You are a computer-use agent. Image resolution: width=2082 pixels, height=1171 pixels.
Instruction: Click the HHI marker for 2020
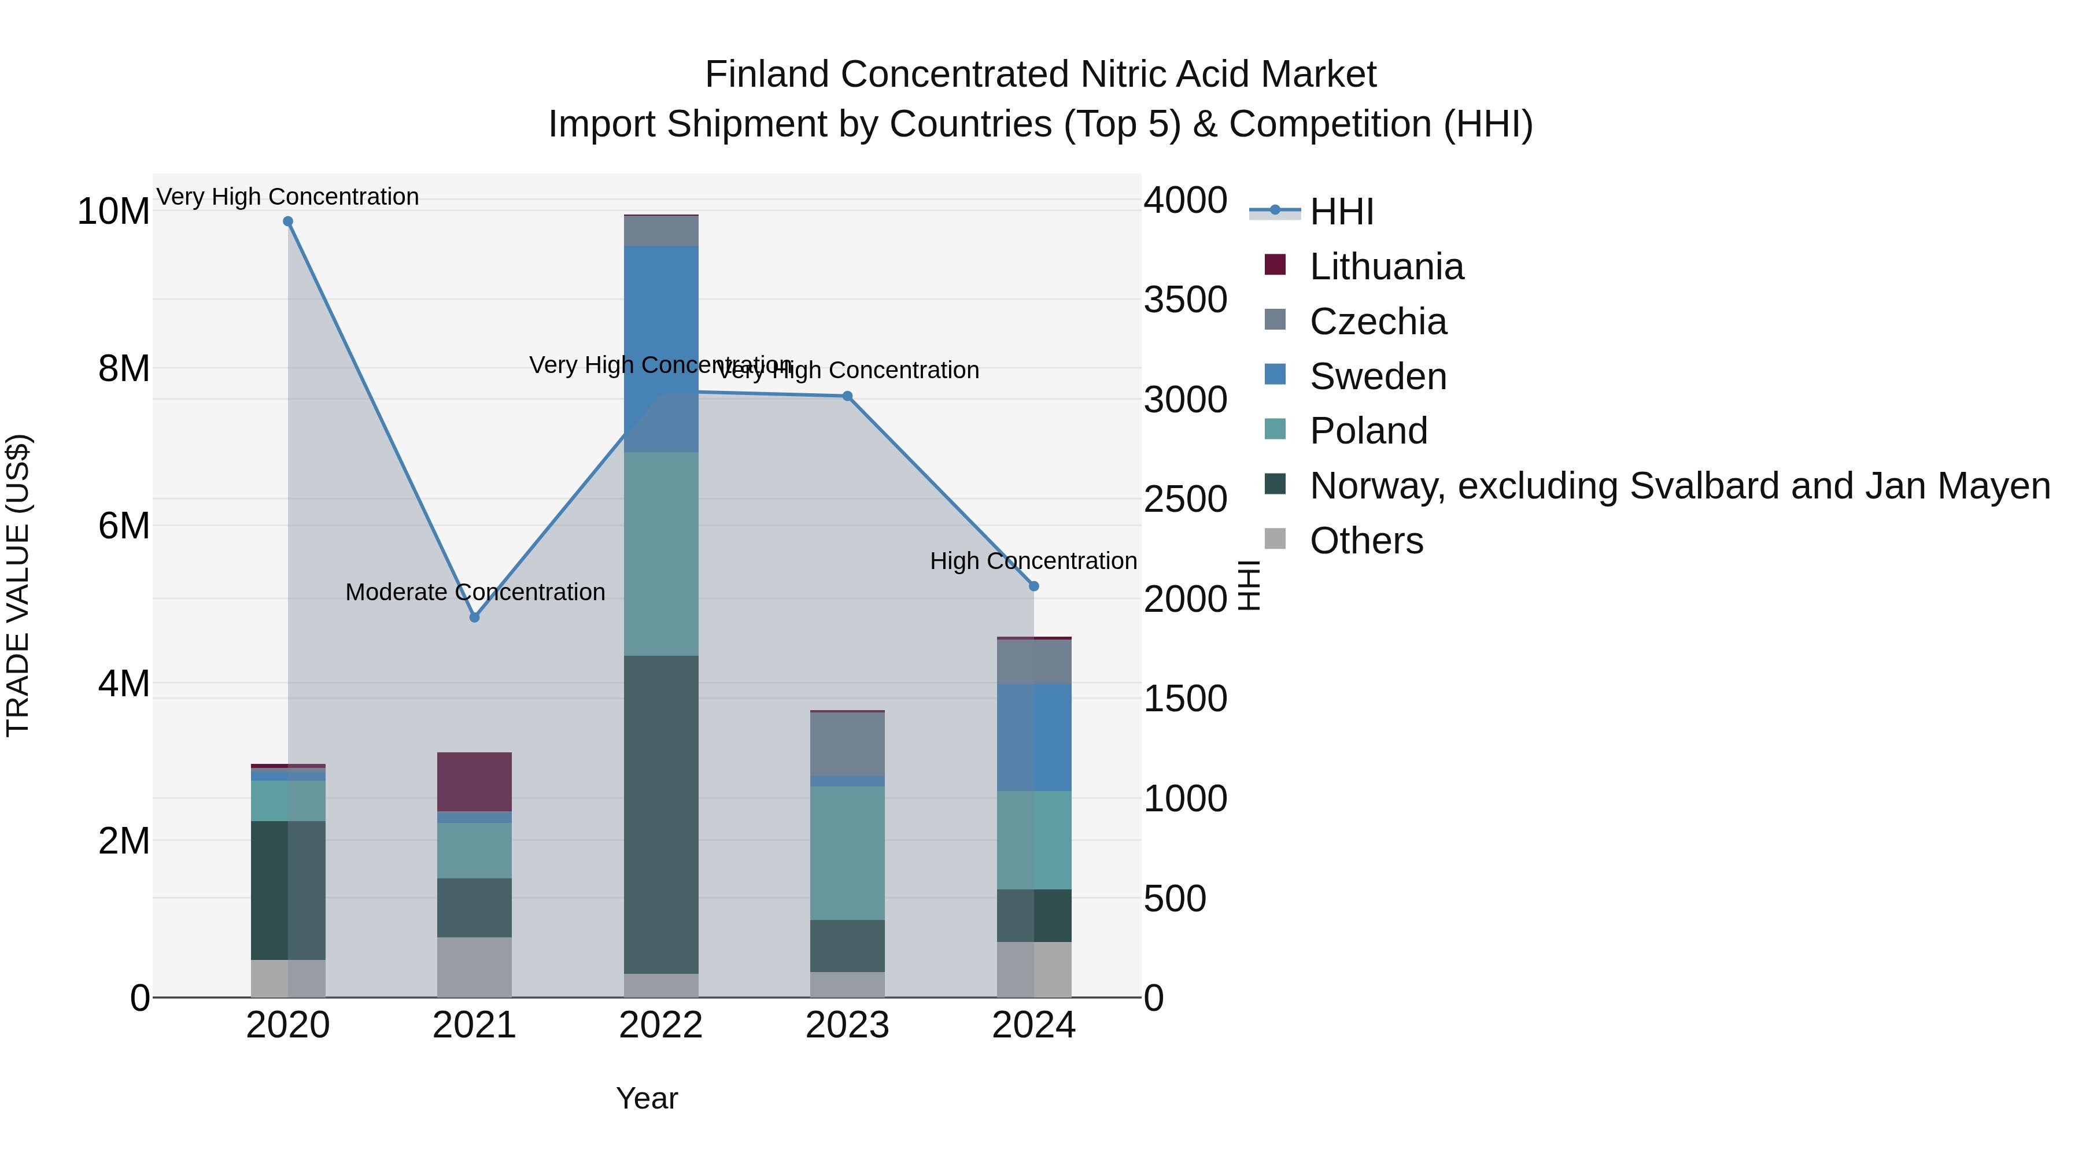(288, 221)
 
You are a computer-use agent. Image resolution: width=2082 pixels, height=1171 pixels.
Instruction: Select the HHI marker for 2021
(474, 618)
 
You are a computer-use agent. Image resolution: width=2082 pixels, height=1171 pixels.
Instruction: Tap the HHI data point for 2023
(847, 396)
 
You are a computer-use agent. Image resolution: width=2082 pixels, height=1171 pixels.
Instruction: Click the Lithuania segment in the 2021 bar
(474, 781)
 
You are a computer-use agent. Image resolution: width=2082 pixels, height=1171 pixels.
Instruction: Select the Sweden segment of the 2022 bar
(661, 348)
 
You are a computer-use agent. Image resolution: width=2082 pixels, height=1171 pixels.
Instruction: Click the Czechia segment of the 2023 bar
(847, 744)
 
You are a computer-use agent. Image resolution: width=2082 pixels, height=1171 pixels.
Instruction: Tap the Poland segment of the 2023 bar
(847, 852)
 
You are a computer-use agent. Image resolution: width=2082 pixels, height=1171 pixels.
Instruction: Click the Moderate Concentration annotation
(475, 592)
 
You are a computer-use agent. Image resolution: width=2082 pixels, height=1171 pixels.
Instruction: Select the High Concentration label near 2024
(1033, 561)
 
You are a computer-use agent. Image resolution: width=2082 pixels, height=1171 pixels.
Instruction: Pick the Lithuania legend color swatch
(1275, 265)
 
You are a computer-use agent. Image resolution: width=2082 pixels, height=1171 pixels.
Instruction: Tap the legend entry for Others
(1366, 541)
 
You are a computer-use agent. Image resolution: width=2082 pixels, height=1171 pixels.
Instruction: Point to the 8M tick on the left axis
(123, 368)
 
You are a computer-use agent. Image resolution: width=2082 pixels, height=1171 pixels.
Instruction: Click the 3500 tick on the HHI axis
(1185, 300)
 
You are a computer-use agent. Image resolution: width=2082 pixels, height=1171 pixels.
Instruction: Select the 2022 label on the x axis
(661, 1025)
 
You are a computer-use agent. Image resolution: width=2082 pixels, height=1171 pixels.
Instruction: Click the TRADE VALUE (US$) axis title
(18, 585)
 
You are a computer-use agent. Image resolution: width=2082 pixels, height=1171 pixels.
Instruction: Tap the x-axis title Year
(647, 1098)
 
